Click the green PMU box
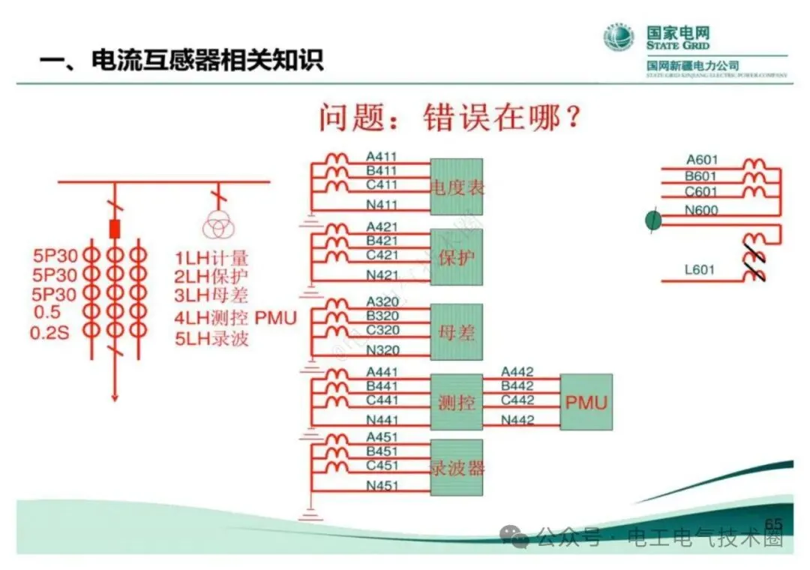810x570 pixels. (x=586, y=402)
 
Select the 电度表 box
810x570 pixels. (x=456, y=186)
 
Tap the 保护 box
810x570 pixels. (x=456, y=257)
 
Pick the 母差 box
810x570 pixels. (x=456, y=331)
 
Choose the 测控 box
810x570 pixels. (x=456, y=402)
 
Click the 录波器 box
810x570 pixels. (x=456, y=467)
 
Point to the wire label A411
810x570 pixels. (x=381, y=157)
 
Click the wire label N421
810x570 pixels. (x=381, y=275)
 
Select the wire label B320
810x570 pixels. (x=381, y=316)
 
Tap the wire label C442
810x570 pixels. (x=517, y=400)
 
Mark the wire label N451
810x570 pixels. (x=381, y=485)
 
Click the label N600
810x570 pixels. (x=701, y=211)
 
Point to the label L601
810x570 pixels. (x=700, y=270)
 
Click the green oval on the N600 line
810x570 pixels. (x=653, y=220)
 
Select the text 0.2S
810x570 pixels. (x=49, y=332)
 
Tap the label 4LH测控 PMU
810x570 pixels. (x=235, y=318)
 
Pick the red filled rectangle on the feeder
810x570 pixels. (x=115, y=228)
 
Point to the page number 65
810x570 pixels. (x=772, y=523)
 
